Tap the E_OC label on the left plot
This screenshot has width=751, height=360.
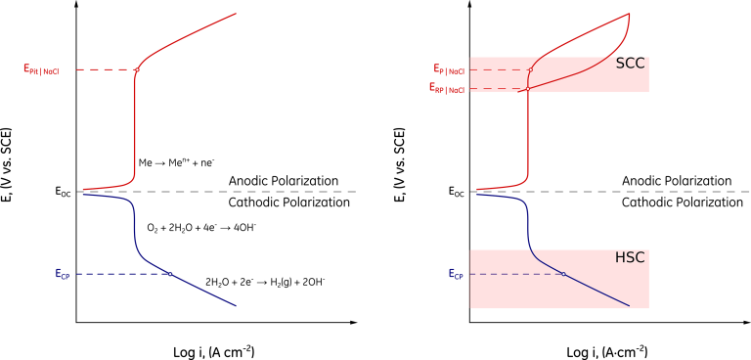click(x=63, y=192)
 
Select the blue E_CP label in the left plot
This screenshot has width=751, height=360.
click(x=63, y=274)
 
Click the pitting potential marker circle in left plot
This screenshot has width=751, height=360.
click(x=136, y=69)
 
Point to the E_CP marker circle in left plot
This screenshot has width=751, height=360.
click(x=170, y=274)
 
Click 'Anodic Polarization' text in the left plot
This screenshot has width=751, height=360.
click(x=283, y=181)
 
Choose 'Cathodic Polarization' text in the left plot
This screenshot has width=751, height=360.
click(x=288, y=202)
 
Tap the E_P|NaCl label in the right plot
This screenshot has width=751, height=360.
click(x=447, y=69)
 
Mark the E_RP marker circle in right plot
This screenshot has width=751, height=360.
click(x=528, y=89)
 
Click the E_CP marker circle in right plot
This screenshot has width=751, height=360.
click(x=563, y=274)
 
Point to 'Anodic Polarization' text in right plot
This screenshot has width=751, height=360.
click(x=677, y=181)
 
